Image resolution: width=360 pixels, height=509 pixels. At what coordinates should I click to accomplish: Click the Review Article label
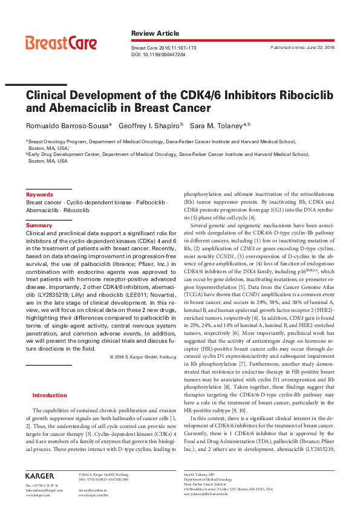pyautogui.click(x=155, y=33)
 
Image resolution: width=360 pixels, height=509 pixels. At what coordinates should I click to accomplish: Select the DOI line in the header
pyautogui.click(x=159, y=54)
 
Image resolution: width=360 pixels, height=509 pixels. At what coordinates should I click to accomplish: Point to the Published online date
pyautogui.click(x=303, y=47)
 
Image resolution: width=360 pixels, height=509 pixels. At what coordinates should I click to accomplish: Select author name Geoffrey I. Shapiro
pyautogui.click(x=151, y=126)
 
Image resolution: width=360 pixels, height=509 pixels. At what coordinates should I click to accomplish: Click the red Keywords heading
pyautogui.click(x=39, y=195)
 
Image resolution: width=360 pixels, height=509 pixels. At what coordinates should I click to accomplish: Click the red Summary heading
pyautogui.click(x=39, y=225)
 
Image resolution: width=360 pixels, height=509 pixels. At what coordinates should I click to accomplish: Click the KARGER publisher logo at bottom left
pyautogui.click(x=39, y=476)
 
